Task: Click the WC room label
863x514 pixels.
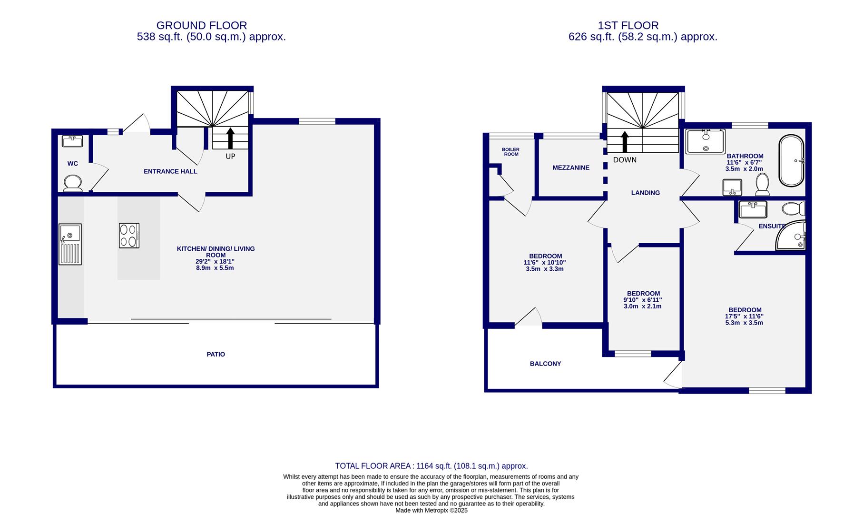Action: click(x=72, y=164)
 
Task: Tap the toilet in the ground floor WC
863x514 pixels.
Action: click(x=73, y=183)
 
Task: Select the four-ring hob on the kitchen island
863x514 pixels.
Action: click(x=129, y=236)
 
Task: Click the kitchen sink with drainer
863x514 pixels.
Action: click(x=70, y=244)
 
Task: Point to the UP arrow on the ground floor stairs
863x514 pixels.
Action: click(x=230, y=138)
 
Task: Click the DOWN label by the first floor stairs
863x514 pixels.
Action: click(x=625, y=160)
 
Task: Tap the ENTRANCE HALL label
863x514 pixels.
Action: click(x=170, y=171)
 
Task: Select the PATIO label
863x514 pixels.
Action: click(x=216, y=355)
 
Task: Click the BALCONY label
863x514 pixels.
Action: click(x=546, y=364)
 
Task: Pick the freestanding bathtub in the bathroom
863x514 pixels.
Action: click(x=791, y=160)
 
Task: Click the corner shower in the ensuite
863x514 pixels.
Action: click(x=791, y=235)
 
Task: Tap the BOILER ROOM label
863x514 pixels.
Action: click(x=511, y=152)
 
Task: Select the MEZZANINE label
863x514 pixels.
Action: click(x=571, y=168)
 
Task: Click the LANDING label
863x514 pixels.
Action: click(x=646, y=193)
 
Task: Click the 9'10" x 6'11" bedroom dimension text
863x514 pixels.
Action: click(x=643, y=300)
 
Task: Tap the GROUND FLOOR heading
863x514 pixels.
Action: click(x=202, y=25)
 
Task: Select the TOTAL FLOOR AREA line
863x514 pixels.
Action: click(x=431, y=466)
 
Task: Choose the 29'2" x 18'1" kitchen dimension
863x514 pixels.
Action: click(x=216, y=261)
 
